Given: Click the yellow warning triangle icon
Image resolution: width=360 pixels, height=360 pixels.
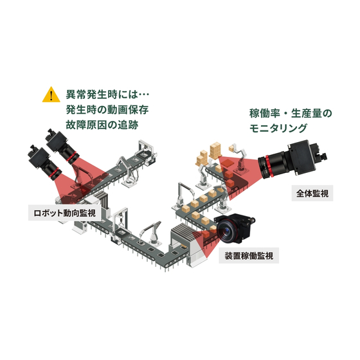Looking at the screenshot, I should pyautogui.click(x=50, y=95).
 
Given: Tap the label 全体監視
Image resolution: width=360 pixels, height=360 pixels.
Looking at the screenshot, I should pyautogui.click(x=312, y=192).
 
